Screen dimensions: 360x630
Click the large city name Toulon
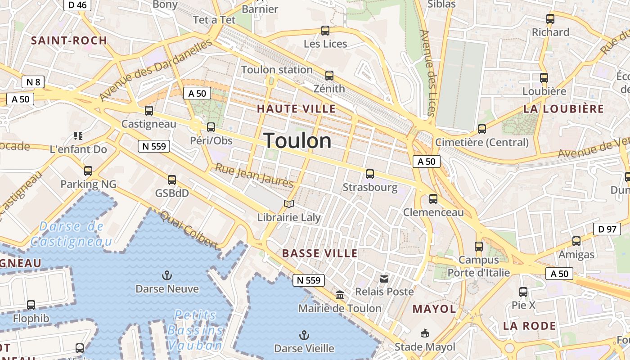click(297, 141)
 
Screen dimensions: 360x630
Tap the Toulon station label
click(277, 70)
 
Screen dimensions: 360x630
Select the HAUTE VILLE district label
click(296, 108)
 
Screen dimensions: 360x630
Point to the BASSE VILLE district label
click(319, 253)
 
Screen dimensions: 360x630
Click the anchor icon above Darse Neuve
click(167, 275)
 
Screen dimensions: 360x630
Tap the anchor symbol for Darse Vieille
click(305, 335)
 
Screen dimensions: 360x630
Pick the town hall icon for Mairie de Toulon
click(340, 295)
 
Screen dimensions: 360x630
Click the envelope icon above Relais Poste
click(384, 279)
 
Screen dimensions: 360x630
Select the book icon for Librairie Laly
click(289, 204)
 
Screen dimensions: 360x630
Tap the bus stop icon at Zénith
click(329, 75)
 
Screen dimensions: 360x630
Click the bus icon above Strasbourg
click(370, 174)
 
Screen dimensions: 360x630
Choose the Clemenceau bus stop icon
click(433, 198)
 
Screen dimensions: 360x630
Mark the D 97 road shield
click(607, 229)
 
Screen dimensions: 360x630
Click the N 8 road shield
click(33, 82)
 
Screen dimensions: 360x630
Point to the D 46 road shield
click(77, 5)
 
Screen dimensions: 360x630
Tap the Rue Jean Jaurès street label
click(254, 175)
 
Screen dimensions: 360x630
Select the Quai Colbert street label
click(189, 229)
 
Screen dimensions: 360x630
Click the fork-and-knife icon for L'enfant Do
click(78, 135)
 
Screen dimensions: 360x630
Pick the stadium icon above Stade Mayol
click(424, 333)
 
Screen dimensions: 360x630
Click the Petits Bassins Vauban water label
click(195, 330)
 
